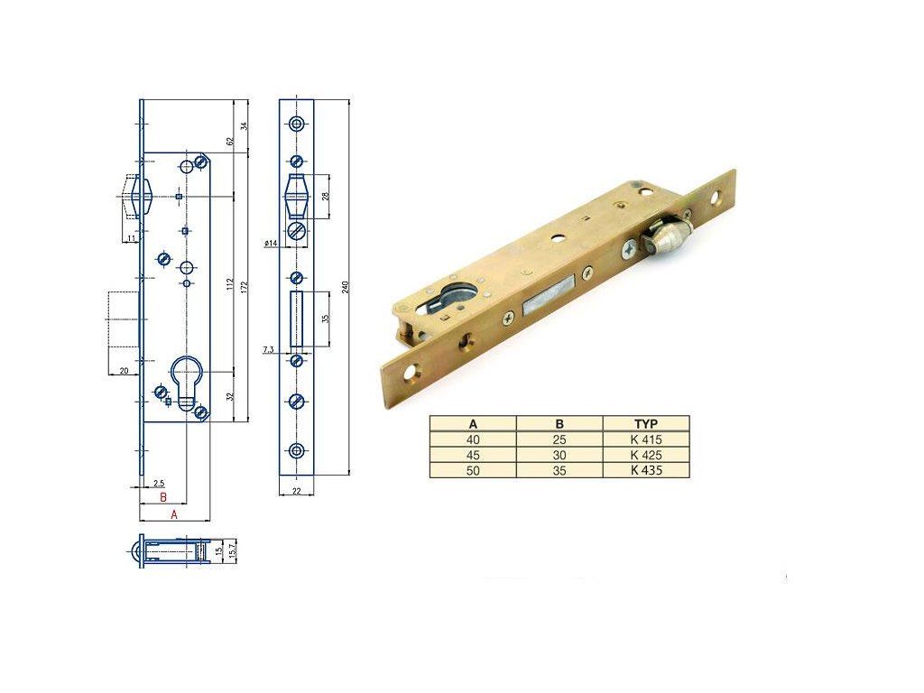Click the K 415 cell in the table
click(646, 439)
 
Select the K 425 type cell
click(646, 455)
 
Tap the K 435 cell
click(646, 470)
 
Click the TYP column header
click(646, 424)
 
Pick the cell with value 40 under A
click(473, 439)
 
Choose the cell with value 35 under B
click(559, 470)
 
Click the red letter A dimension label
click(174, 514)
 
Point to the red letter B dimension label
click(163, 497)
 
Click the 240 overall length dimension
click(346, 287)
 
